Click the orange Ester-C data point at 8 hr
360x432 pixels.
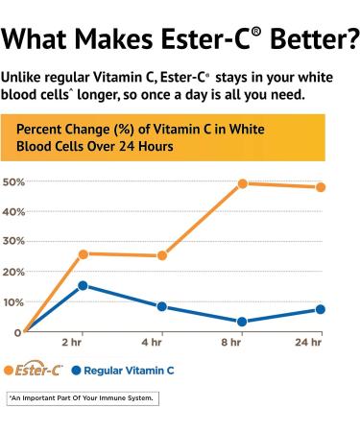243,183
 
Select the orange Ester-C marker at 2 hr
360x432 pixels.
84,253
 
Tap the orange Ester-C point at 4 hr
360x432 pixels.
162,255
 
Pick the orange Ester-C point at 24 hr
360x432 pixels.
321,186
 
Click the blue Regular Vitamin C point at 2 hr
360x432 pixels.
84,285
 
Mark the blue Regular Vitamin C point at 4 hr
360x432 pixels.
162,306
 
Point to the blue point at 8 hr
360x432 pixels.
243,322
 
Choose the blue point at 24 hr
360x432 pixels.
321,309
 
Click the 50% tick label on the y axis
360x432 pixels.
13,181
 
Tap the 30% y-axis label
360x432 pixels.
13,241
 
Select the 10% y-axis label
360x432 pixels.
13,301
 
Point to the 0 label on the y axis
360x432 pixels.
17,332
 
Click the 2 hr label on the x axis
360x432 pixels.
71,342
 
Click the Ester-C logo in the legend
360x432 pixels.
41,369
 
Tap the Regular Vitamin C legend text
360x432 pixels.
131,369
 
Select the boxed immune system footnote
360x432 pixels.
81,396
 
